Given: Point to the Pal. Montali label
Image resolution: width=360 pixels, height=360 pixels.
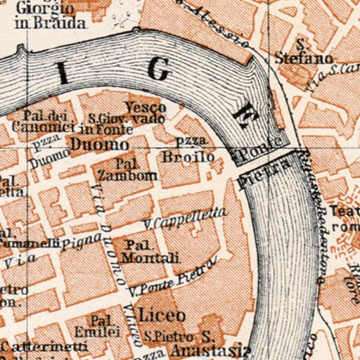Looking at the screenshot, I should tap(145, 251).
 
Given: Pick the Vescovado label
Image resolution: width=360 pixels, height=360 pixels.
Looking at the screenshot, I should tap(146, 113).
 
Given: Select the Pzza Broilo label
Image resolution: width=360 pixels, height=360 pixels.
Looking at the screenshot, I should tap(188, 152).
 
